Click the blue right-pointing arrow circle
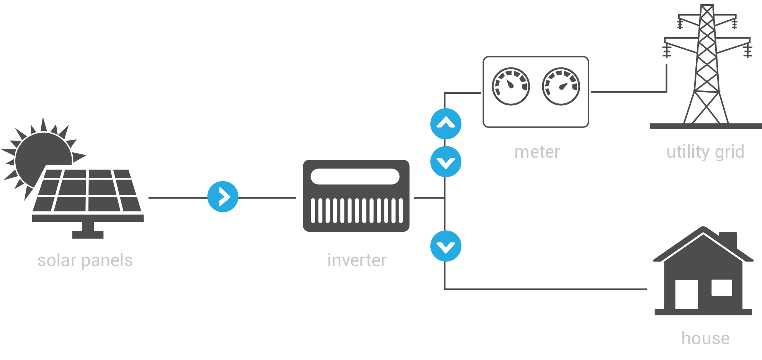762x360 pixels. click(x=223, y=197)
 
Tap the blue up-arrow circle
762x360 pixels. click(x=446, y=124)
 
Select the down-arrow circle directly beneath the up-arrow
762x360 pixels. click(x=446, y=162)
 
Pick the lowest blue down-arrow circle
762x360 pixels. click(x=446, y=246)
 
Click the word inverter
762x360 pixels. click(x=356, y=260)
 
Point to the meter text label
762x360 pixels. click(x=537, y=152)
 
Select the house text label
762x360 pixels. click(x=705, y=338)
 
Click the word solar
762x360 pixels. click(x=57, y=260)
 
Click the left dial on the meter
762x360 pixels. click(x=510, y=86)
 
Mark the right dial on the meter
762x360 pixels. click(x=561, y=86)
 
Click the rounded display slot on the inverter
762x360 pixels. click(x=355, y=177)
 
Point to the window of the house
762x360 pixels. click(x=721, y=288)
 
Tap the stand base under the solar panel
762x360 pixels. click(x=88, y=234)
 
